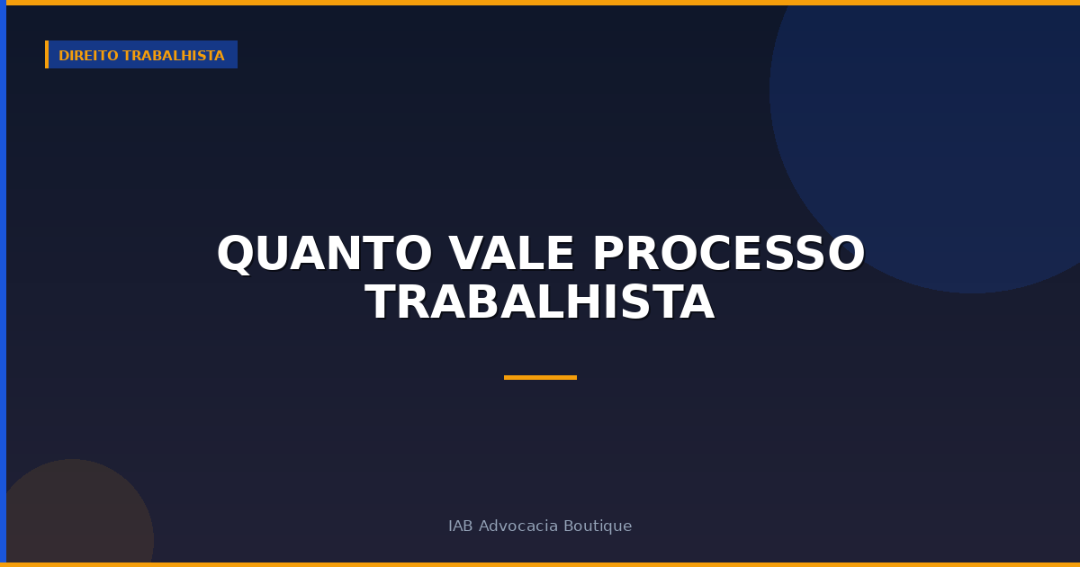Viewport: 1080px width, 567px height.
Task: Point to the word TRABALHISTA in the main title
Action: click(x=540, y=303)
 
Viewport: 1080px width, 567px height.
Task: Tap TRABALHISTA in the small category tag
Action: click(x=174, y=56)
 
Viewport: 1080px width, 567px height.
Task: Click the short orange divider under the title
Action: click(x=540, y=377)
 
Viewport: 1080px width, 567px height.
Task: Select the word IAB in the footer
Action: click(x=460, y=526)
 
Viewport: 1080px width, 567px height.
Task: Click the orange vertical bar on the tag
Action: click(x=47, y=55)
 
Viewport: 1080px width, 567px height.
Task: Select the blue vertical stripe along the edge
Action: click(x=3, y=283)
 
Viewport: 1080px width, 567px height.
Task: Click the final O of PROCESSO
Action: click(x=846, y=255)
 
